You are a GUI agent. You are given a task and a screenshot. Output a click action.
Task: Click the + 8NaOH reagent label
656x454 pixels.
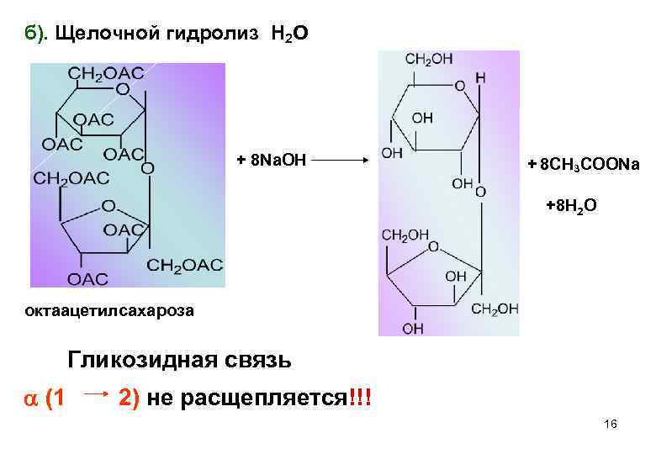(x=267, y=160)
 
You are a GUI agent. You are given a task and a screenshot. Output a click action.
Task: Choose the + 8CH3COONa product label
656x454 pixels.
(x=583, y=165)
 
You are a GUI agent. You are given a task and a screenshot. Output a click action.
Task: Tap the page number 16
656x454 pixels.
(x=611, y=425)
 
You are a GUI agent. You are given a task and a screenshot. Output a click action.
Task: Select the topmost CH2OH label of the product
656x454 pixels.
(x=428, y=59)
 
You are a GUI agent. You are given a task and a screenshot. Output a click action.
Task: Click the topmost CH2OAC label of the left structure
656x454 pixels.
(x=106, y=72)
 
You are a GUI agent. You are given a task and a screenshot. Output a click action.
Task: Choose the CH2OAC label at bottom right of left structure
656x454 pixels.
(x=185, y=266)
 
